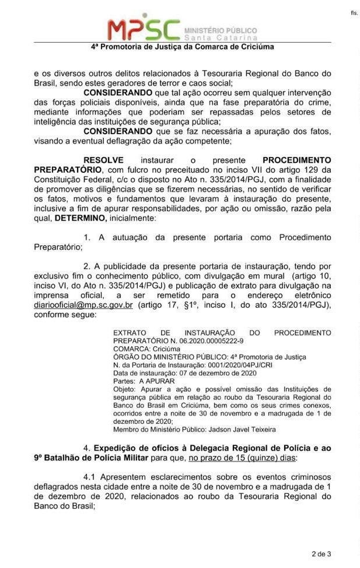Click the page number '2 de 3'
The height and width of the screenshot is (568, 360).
(x=322, y=553)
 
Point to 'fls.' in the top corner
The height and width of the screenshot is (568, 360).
(x=354, y=12)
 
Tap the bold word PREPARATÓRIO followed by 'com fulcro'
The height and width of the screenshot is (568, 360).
(x=65, y=169)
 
